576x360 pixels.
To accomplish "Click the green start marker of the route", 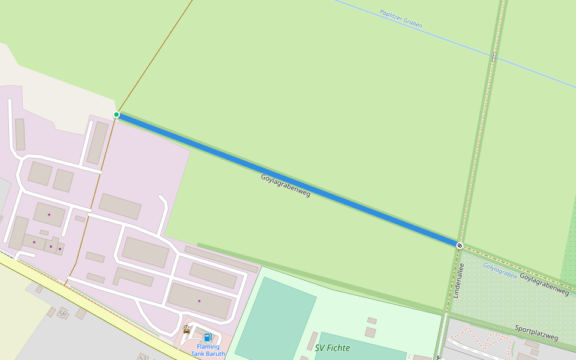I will coord(116,115).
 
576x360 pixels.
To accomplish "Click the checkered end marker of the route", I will coord(459,245).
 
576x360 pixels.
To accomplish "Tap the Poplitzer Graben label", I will coord(401,19).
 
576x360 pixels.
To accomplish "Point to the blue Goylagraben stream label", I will coord(500,271).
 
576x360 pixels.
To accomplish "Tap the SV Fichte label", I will coord(332,347).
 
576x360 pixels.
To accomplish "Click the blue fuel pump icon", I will coord(208,337).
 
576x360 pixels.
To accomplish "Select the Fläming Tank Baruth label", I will coord(208,350).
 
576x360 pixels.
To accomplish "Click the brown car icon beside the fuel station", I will coord(187,329).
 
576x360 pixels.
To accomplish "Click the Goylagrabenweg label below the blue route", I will coord(286,186).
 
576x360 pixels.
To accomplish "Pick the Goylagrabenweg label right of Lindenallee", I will coord(544,284).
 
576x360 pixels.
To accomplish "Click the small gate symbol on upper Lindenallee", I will coord(494,56).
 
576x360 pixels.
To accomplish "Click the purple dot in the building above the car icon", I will coord(199,301).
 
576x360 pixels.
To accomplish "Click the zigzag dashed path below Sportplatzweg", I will coord(480,338).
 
